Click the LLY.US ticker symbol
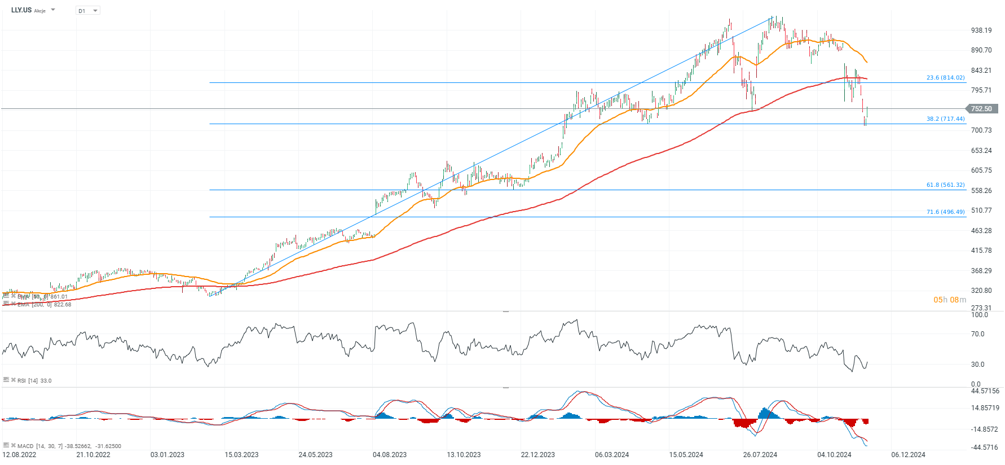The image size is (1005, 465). click(21, 10)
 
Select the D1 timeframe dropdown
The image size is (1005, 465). click(87, 11)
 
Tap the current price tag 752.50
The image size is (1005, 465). click(982, 109)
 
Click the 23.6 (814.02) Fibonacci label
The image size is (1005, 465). click(945, 78)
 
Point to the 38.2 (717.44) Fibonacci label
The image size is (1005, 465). click(945, 119)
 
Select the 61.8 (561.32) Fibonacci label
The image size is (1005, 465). click(945, 185)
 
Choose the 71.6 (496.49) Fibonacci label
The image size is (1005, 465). click(945, 212)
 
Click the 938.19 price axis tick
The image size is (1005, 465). click(981, 30)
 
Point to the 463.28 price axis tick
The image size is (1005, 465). click(981, 231)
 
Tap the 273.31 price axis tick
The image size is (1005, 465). click(981, 308)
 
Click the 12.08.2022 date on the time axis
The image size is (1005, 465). click(19, 455)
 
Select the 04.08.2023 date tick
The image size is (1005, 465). click(390, 455)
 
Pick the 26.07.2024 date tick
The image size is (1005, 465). click(760, 455)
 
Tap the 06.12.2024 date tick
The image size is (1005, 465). click(908, 455)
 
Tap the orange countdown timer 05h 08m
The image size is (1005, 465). click(950, 300)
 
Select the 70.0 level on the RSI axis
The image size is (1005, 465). click(978, 334)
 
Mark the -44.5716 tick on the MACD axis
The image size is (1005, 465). click(984, 448)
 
